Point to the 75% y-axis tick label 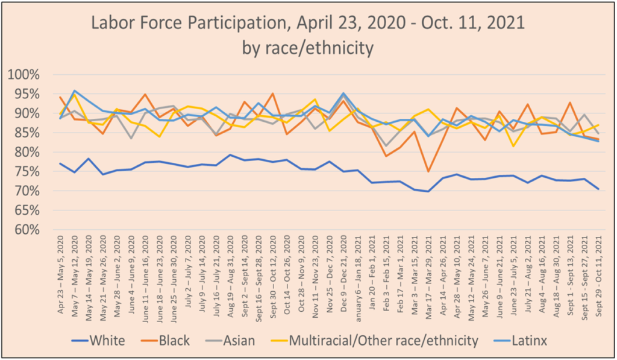(x=25, y=153)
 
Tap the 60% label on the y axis (x=25, y=230)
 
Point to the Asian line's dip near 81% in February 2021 (x=386, y=146)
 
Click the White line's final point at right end (x=598, y=189)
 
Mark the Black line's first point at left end (x=60, y=97)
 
